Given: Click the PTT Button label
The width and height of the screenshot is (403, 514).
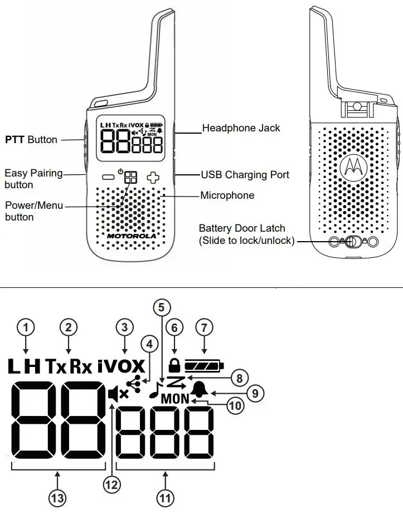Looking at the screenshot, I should coord(31,140).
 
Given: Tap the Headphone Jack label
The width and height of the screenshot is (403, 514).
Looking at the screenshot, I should coord(241,128).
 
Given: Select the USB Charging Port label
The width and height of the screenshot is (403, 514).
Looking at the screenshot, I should coord(245,175).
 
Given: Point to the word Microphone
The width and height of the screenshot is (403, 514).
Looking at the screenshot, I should coord(227,195).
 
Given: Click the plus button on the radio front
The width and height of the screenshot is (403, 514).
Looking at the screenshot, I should coord(153,178).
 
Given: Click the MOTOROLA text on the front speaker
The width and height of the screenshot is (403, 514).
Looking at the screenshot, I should coord(132,236).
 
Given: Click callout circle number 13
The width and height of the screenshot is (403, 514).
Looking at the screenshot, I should coord(58,498).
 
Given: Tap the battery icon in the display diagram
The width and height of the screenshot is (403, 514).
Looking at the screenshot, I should coord(204,366).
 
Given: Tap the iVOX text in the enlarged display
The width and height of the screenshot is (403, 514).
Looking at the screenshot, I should coord(120,366).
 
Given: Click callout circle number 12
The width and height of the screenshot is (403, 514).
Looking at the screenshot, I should coord(112,484).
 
